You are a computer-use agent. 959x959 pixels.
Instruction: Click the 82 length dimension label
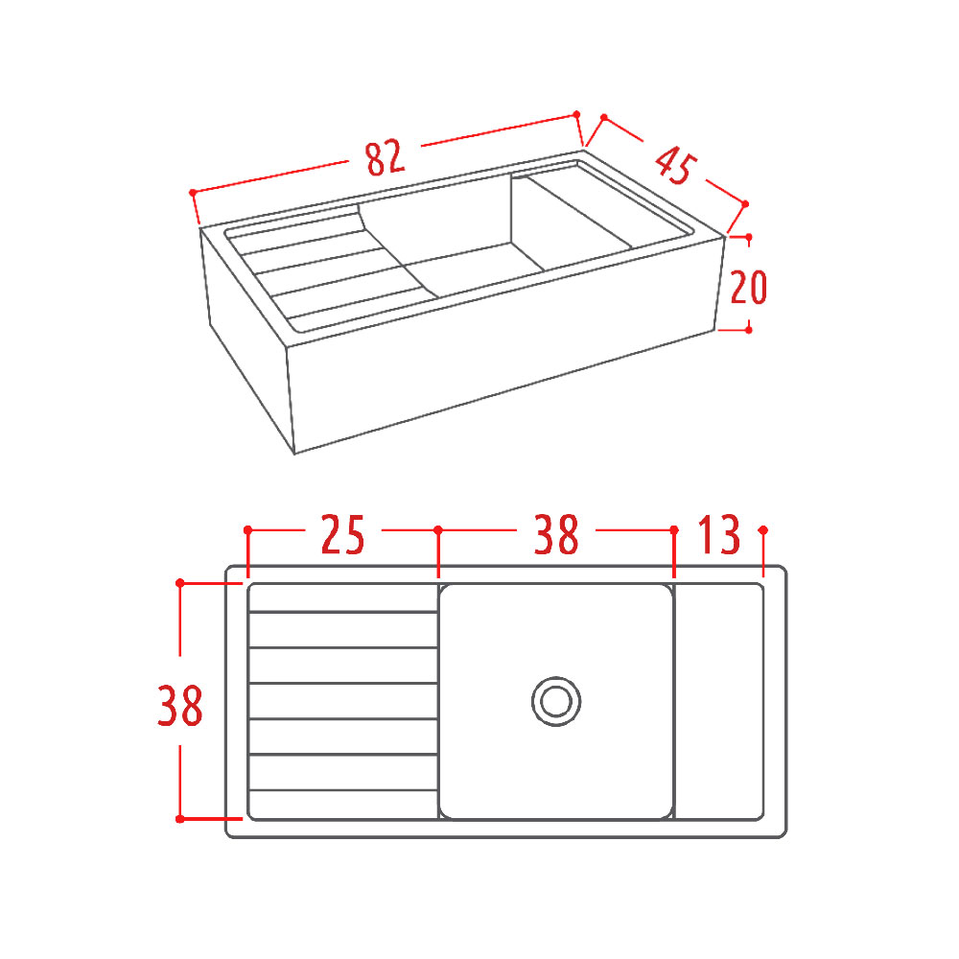tap(386, 157)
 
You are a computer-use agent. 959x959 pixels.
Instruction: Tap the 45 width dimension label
tap(675, 164)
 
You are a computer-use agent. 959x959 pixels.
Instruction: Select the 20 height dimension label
tap(749, 287)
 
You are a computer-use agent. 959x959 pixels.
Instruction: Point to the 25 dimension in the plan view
tap(342, 534)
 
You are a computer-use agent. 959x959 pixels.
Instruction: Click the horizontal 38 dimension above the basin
tap(556, 534)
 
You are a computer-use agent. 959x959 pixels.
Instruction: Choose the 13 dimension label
tap(718, 534)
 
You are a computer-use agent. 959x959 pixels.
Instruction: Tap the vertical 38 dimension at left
tap(180, 706)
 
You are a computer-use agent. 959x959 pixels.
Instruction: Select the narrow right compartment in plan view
tap(718, 702)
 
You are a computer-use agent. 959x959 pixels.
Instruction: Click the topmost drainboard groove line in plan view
tap(343, 612)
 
